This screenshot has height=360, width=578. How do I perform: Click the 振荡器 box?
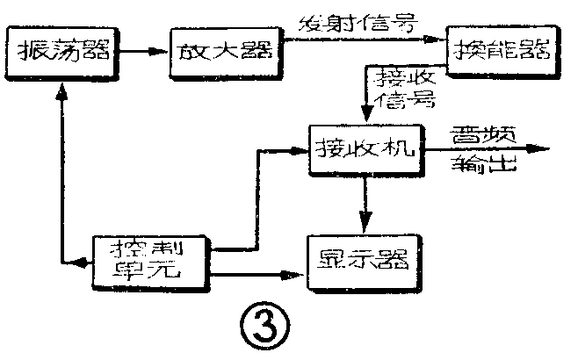(x=62, y=50)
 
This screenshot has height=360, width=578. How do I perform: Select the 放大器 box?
(x=220, y=50)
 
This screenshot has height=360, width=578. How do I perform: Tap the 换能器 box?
(x=502, y=49)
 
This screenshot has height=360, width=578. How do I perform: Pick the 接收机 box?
(x=364, y=150)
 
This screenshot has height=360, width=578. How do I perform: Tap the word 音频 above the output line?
(x=478, y=133)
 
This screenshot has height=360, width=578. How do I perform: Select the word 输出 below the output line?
(x=478, y=166)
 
